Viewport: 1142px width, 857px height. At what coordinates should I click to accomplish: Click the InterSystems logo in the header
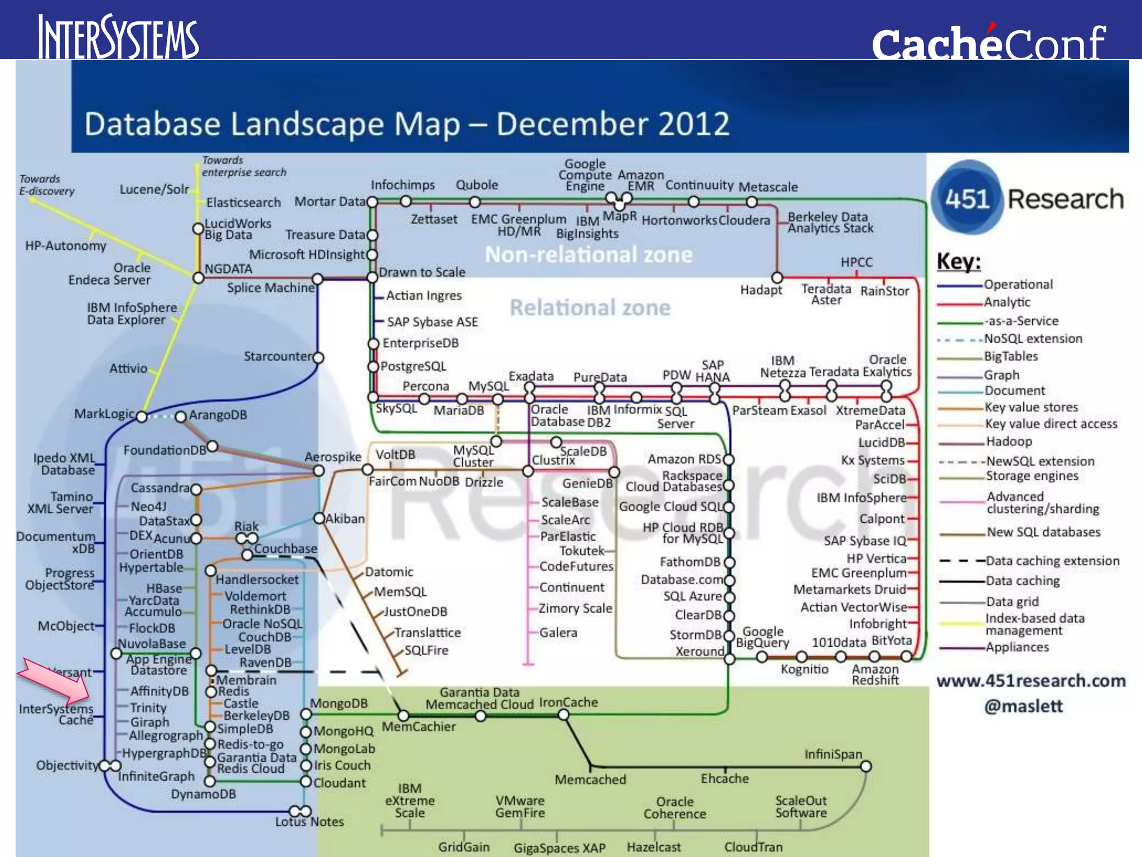[x=118, y=37]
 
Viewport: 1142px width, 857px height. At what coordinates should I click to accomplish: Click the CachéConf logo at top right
[x=989, y=42]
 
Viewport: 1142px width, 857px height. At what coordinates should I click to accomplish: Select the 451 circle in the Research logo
[x=966, y=199]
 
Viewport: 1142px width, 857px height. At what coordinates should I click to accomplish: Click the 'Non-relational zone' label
[x=588, y=254]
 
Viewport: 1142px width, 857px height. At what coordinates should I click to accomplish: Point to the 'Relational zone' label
[x=590, y=307]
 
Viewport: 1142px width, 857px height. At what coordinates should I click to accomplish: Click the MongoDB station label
[x=338, y=703]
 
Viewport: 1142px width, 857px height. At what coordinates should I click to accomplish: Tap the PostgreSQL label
[x=413, y=367]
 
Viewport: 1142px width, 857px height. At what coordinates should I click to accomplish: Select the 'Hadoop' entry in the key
[x=1009, y=441]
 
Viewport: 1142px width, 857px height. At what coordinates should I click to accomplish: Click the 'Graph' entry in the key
[x=1001, y=375]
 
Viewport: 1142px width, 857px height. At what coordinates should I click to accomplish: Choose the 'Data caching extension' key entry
[x=1052, y=561]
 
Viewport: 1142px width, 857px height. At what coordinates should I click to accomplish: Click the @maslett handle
[x=1023, y=706]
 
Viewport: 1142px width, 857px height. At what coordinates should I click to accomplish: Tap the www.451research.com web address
[x=1031, y=681]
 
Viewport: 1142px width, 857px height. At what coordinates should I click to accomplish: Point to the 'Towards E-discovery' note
[x=46, y=185]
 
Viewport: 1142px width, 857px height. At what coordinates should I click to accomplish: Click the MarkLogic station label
[x=104, y=413]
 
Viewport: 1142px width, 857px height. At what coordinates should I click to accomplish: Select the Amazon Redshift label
[x=875, y=674]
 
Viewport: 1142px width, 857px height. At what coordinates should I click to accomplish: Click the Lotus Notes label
[x=309, y=822]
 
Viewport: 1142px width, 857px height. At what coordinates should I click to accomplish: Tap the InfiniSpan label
[x=833, y=754]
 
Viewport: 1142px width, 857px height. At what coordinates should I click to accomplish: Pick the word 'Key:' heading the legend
[x=959, y=261]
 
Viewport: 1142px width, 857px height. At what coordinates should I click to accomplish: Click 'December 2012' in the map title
[x=612, y=124]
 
